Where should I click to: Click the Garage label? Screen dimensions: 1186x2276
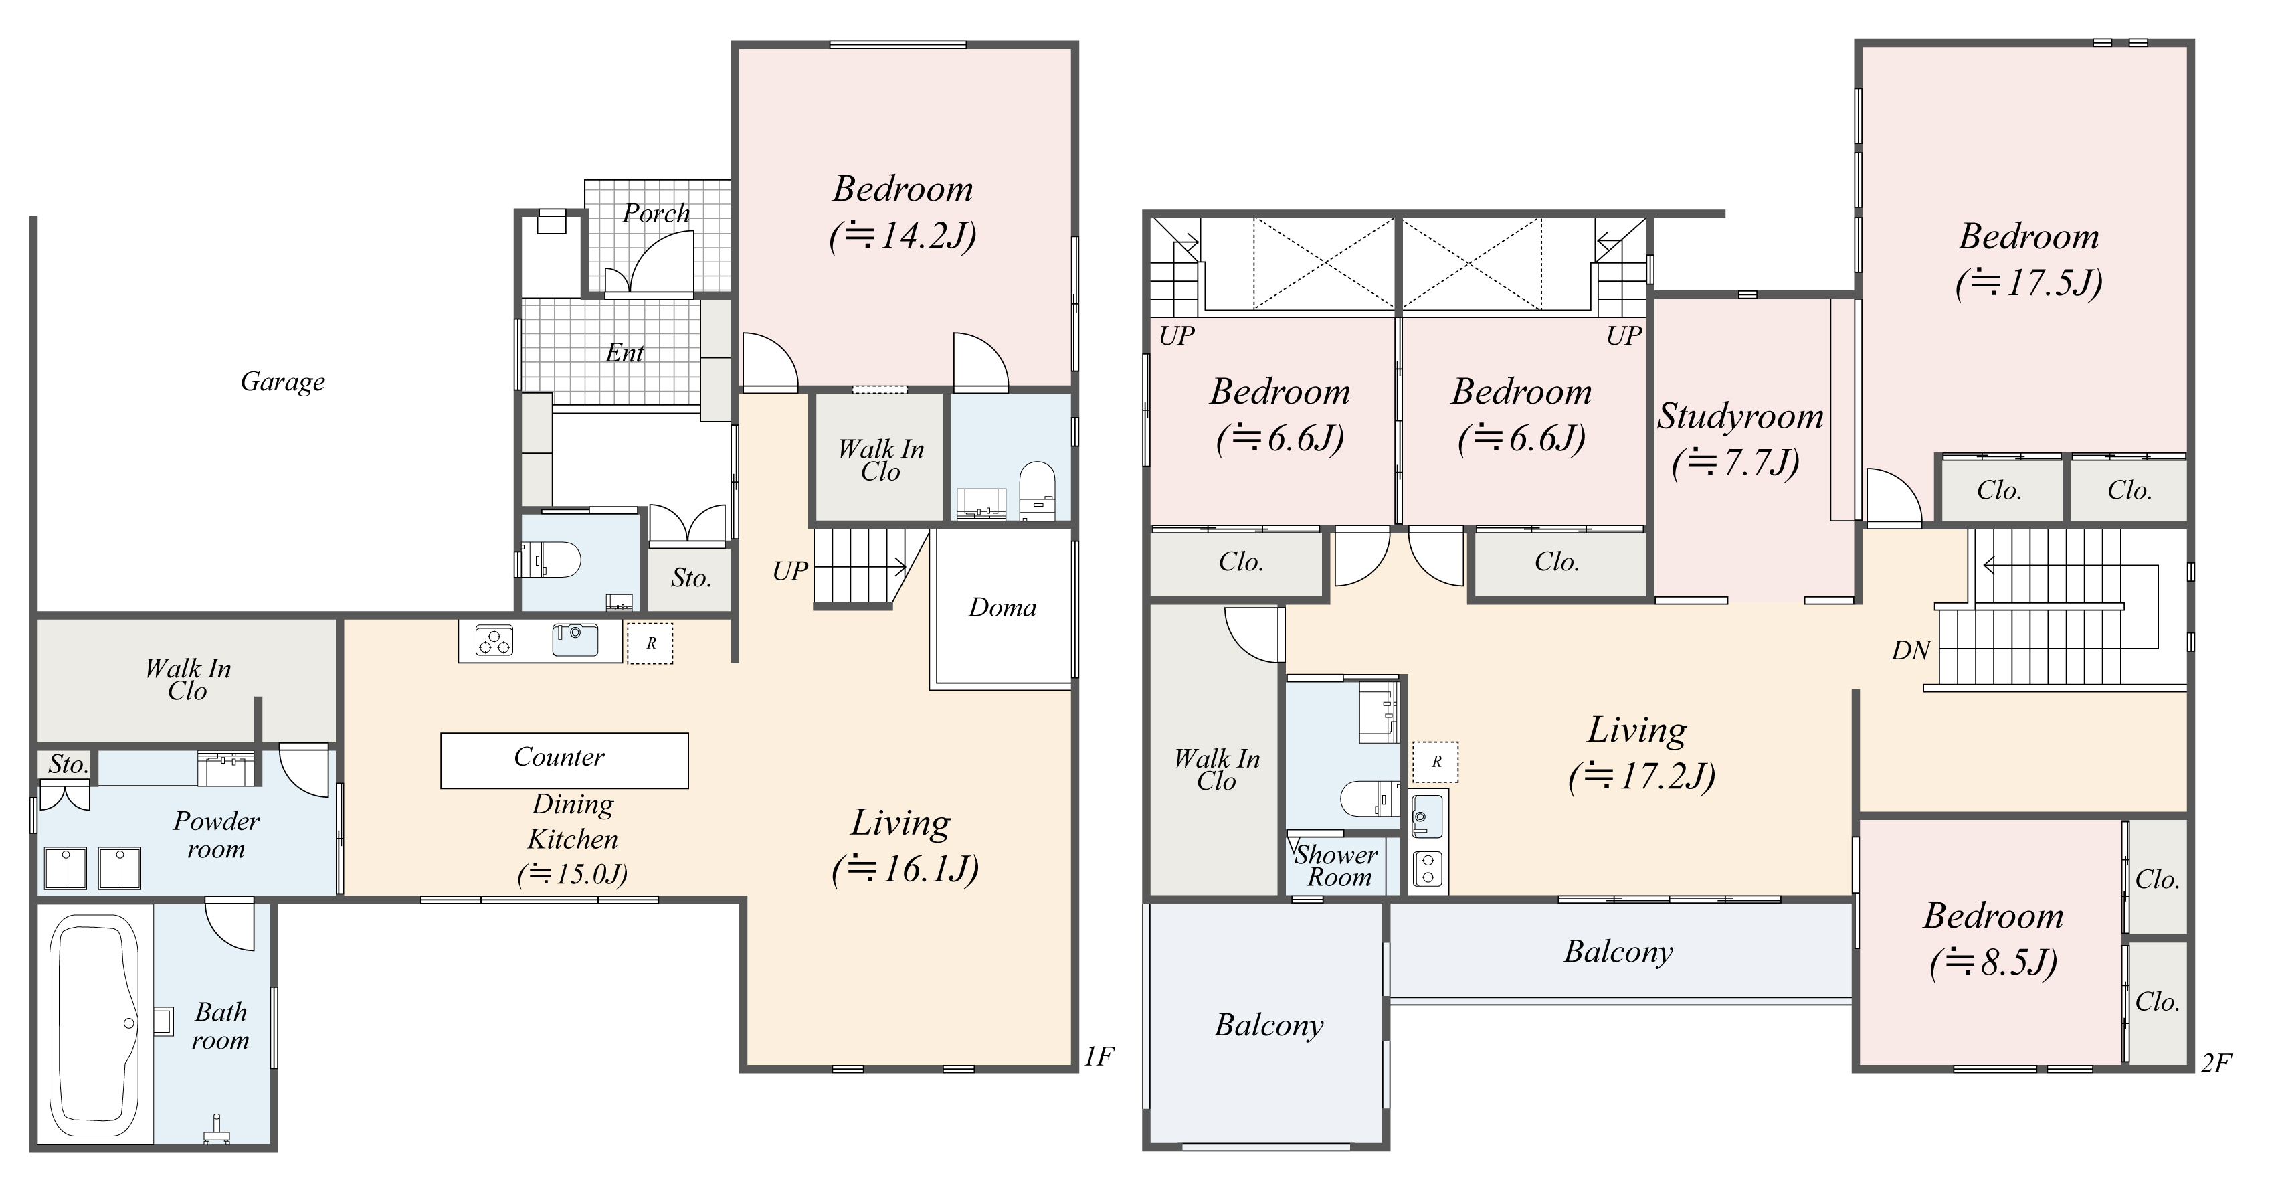283,382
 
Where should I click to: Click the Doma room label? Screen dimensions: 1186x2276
1002,608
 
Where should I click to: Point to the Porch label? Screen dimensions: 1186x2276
656,213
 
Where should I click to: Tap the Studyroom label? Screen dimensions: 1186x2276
1739,416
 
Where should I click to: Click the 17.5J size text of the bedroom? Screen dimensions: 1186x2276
2028,283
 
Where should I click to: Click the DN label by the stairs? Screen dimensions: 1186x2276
1910,651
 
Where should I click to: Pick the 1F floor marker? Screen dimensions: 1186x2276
1099,1056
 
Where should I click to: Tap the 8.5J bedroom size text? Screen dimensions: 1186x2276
1993,962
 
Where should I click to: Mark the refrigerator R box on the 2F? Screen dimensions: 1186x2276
1436,762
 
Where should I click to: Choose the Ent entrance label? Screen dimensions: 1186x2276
624,353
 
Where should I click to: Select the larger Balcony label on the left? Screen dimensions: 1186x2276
1268,1025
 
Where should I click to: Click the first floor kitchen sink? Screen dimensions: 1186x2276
575,639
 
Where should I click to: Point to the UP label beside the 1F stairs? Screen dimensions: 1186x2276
790,572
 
